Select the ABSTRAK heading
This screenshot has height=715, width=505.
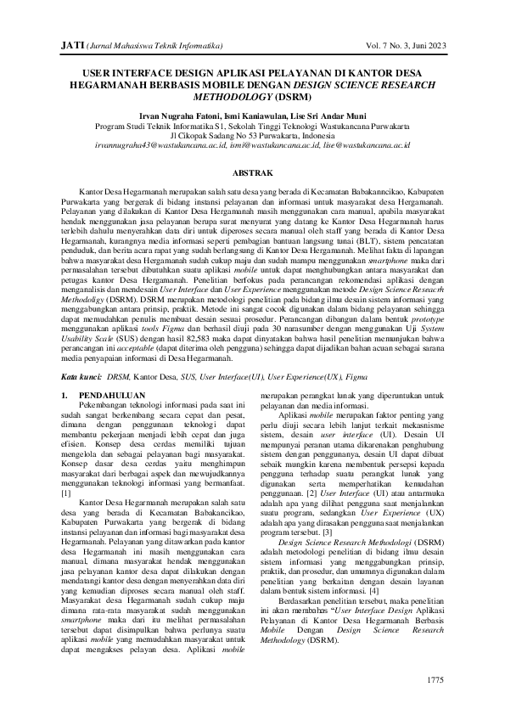(252, 172)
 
